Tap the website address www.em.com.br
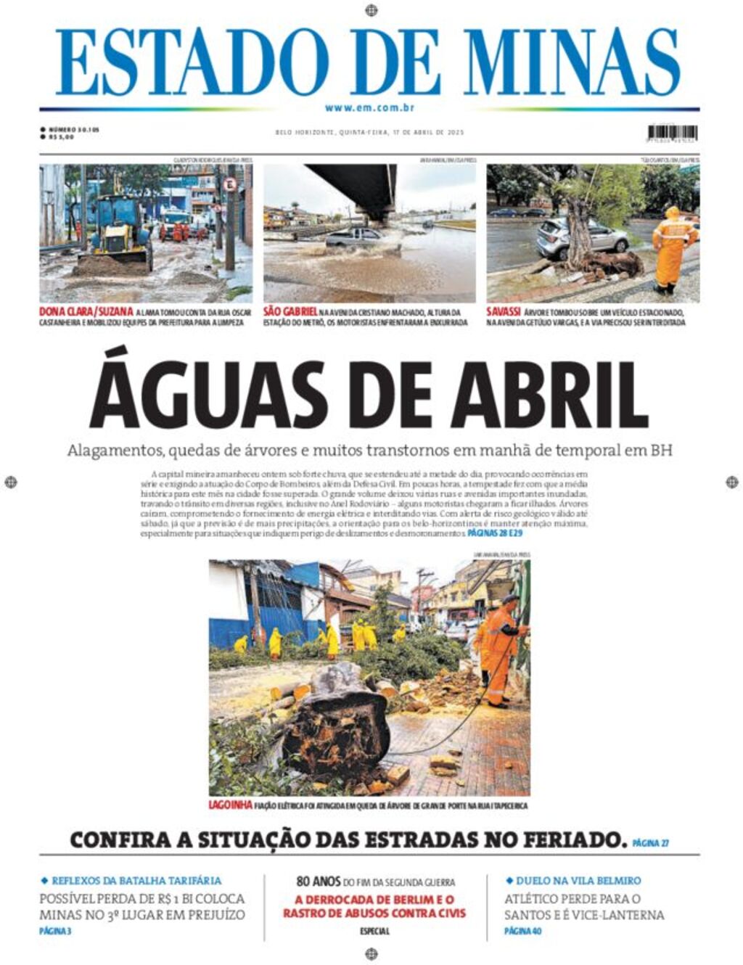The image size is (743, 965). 370,108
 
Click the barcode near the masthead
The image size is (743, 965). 672,133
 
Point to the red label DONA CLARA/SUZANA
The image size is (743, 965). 86,312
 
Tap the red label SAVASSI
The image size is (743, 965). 503,312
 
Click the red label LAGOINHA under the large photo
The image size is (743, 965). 230,805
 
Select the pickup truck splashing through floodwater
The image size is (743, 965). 356,238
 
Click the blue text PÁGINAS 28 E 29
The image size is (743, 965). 495,533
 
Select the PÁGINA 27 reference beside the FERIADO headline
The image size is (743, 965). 650,843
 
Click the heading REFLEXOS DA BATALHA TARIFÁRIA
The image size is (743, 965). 136,881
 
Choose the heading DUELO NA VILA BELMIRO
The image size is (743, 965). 578,881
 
